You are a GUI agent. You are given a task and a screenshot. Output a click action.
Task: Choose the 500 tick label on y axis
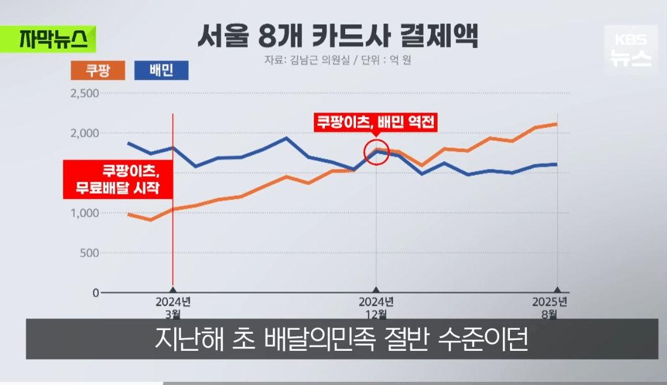click(88, 253)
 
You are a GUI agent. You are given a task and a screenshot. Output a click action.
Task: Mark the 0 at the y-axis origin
click(96, 293)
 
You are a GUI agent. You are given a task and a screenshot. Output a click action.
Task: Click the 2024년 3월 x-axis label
click(172, 306)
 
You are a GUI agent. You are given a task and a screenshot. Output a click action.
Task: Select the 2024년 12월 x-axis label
click(376, 306)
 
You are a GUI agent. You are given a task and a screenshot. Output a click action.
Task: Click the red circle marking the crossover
click(376, 153)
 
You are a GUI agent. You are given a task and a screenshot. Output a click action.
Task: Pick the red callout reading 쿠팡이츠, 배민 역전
click(376, 121)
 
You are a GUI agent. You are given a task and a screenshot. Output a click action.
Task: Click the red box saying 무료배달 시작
click(118, 180)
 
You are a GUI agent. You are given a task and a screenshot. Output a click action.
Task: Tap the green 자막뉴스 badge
click(48, 39)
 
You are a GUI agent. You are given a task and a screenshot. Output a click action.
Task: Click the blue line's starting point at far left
click(129, 143)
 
